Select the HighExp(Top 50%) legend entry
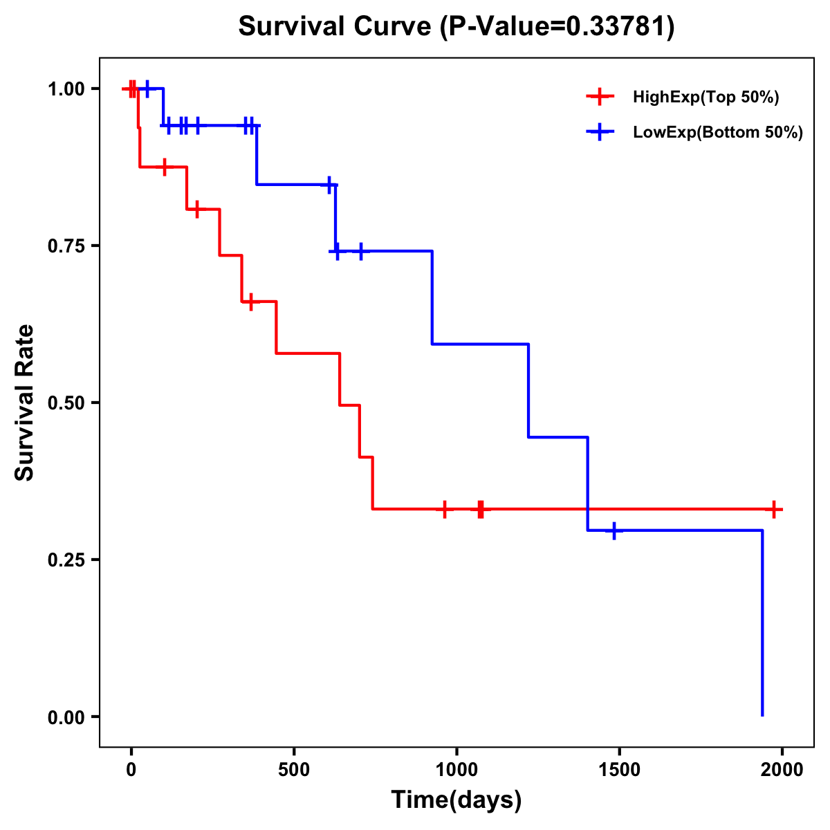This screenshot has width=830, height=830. pyautogui.click(x=705, y=98)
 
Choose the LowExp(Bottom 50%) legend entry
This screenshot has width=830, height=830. pyautogui.click(x=717, y=133)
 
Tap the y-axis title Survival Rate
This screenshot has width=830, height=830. pyautogui.click(x=25, y=402)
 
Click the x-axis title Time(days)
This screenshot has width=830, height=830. pyautogui.click(x=456, y=800)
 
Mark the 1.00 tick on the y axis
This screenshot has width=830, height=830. pyautogui.click(x=65, y=89)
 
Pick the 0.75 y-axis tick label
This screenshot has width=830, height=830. pyautogui.click(x=65, y=246)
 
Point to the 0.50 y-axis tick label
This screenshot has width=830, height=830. pyautogui.click(x=65, y=403)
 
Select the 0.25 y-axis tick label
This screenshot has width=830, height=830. pyautogui.click(x=65, y=560)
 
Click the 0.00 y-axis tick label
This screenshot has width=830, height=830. pyautogui.click(x=65, y=717)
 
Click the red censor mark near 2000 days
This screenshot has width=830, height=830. pyautogui.click(x=774, y=509)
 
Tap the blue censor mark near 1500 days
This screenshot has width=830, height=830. pyautogui.click(x=614, y=531)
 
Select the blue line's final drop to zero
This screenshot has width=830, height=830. pyautogui.click(x=762, y=622)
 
